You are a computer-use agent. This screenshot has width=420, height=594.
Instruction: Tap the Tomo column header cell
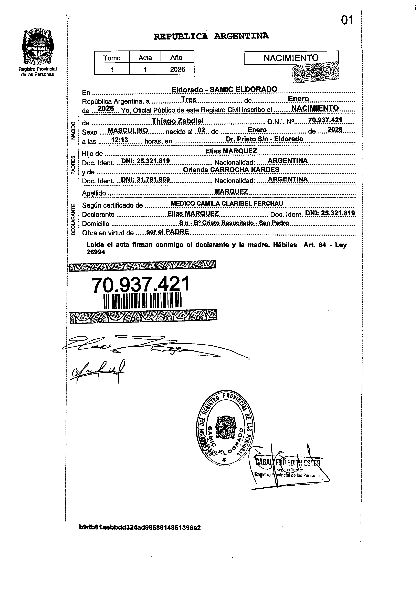click(x=112, y=58)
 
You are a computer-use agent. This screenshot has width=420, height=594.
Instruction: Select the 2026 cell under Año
click(x=177, y=69)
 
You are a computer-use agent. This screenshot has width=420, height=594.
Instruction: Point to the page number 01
click(x=347, y=20)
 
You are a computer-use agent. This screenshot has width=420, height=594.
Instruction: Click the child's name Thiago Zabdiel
click(x=177, y=121)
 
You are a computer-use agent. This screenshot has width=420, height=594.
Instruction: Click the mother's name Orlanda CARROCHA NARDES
click(x=231, y=170)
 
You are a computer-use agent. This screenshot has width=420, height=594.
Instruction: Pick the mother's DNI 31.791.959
click(x=145, y=179)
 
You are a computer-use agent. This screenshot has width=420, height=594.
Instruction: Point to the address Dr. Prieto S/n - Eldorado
click(x=264, y=139)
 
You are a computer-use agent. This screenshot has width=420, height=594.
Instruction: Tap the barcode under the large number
click(x=142, y=301)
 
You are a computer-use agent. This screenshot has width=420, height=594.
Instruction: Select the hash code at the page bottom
click(x=140, y=528)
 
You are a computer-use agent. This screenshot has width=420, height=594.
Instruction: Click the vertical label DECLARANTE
click(x=73, y=219)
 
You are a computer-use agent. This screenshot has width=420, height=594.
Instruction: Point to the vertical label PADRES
click(x=73, y=165)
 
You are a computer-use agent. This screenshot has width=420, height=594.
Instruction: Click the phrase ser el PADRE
click(x=167, y=232)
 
